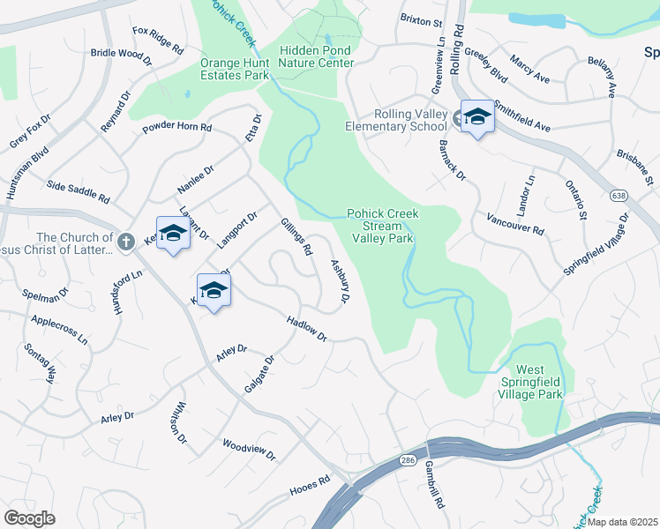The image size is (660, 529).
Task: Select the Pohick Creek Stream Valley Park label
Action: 382,226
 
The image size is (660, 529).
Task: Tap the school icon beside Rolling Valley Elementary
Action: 476,116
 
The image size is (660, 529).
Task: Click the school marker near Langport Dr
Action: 173,234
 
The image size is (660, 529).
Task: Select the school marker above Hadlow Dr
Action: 214,289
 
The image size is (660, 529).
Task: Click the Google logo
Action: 30,518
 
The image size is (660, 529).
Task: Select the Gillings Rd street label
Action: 296,237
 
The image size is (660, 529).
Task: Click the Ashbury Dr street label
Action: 339,283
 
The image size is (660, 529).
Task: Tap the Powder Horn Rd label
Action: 177,128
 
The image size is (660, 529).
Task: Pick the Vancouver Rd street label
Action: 515,223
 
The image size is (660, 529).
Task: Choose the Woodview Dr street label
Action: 249,451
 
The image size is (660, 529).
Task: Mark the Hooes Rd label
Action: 310,486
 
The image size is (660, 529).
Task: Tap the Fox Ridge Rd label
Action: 158,40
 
